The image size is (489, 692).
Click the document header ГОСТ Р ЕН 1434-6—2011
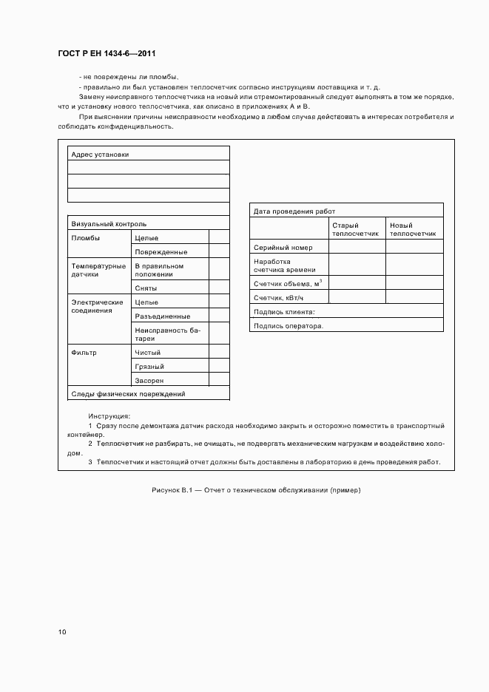click(x=106, y=54)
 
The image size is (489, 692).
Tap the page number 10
click(x=62, y=632)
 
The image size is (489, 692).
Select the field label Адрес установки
click(x=99, y=155)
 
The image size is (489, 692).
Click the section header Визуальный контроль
click(x=108, y=223)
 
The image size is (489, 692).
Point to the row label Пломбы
click(x=85, y=238)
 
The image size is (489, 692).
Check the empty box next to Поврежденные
click(x=219, y=251)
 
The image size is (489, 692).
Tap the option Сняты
click(x=145, y=288)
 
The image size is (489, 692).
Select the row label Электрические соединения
click(x=97, y=306)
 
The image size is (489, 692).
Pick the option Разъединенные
click(x=162, y=316)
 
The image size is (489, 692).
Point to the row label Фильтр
click(x=84, y=353)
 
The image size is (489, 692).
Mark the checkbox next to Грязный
click(x=219, y=366)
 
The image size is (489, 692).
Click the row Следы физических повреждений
click(x=127, y=394)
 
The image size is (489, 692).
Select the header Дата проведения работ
click(x=294, y=211)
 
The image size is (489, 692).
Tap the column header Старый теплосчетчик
click(x=355, y=229)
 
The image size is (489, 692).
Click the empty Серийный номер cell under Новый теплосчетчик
click(x=414, y=248)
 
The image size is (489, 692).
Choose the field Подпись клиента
click(x=284, y=311)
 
